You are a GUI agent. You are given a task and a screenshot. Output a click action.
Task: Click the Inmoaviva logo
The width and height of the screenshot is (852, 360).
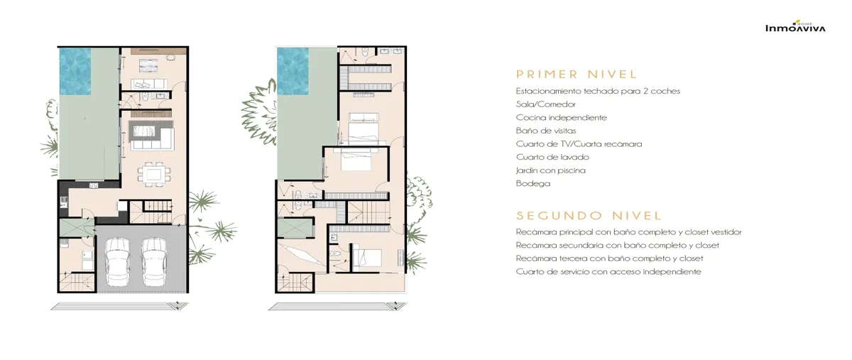795,27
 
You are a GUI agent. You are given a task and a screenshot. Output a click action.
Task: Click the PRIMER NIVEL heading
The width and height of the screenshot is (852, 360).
577,75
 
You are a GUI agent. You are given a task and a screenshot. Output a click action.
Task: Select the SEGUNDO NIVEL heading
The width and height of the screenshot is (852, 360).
589,216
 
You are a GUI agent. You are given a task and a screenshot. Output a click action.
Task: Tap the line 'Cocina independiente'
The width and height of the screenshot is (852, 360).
562,118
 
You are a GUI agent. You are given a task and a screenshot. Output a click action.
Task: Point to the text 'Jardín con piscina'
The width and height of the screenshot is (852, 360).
551,170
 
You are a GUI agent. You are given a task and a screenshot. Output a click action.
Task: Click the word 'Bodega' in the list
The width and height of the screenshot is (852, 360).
533,183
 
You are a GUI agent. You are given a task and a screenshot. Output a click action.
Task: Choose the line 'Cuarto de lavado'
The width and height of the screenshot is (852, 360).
552,157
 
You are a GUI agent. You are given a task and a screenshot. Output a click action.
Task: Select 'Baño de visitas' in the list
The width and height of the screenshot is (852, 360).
546,131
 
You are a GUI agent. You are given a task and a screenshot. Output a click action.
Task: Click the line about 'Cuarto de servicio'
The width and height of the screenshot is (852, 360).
608,272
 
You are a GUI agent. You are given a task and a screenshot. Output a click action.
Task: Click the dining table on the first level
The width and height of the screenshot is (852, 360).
153,174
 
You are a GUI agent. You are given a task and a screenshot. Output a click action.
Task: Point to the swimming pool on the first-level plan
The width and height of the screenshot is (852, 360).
75,71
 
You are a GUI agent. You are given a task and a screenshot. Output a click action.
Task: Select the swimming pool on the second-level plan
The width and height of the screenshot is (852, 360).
293,71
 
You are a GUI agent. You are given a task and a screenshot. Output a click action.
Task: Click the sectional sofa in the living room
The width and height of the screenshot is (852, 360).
152,135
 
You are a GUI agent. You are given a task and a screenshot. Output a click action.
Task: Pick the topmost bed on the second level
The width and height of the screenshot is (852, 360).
364,128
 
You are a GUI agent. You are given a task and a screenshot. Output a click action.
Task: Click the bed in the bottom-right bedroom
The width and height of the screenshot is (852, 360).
368,258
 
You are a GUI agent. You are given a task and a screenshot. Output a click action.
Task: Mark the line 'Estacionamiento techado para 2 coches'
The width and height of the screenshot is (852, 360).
598,92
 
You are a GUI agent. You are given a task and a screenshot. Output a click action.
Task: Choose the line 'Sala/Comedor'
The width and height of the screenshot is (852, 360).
546,104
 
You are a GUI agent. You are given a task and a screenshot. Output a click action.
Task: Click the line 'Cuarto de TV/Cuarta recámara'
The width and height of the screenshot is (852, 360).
579,144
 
